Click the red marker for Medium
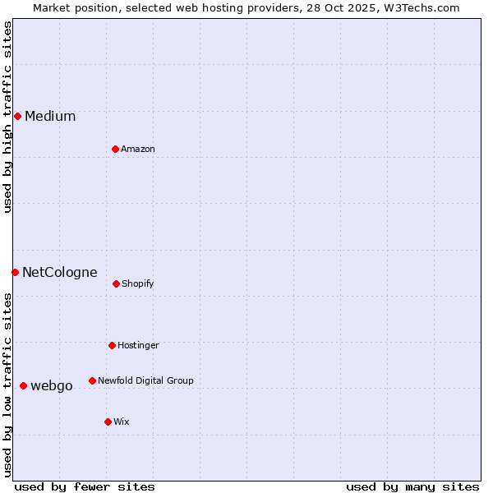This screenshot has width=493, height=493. point(17,116)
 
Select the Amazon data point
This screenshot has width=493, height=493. point(115,149)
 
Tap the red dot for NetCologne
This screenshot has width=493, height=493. point(15,272)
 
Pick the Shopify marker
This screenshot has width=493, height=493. point(116,283)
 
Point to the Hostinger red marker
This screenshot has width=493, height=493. point(112,345)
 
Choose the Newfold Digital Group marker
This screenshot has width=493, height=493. point(92,380)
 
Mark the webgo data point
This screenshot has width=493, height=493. point(23,385)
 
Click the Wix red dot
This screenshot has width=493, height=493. point(108,422)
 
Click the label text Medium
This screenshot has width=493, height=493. point(50,116)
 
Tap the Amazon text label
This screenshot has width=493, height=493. point(138,149)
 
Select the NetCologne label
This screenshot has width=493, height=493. point(60,272)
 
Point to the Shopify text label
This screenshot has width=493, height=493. point(138,283)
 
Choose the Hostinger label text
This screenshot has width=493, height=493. point(138,345)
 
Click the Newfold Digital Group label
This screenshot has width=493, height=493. point(145,380)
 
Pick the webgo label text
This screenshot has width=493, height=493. point(52,385)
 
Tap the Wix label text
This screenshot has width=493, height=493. point(122,422)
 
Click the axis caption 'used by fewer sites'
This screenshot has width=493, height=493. point(85,486)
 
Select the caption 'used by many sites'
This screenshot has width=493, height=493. point(412,486)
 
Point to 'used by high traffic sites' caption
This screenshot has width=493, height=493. point(7,117)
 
